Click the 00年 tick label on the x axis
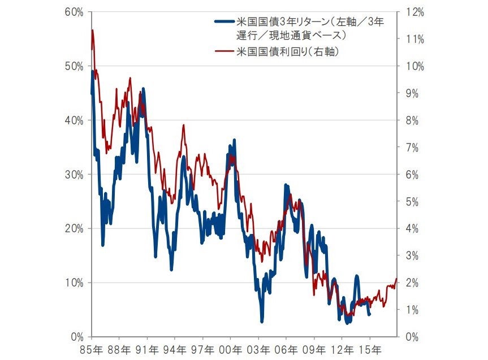pyautogui.click(x=230, y=349)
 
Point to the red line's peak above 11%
pyautogui.click(x=92, y=31)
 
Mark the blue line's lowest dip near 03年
pyautogui.click(x=262, y=322)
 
